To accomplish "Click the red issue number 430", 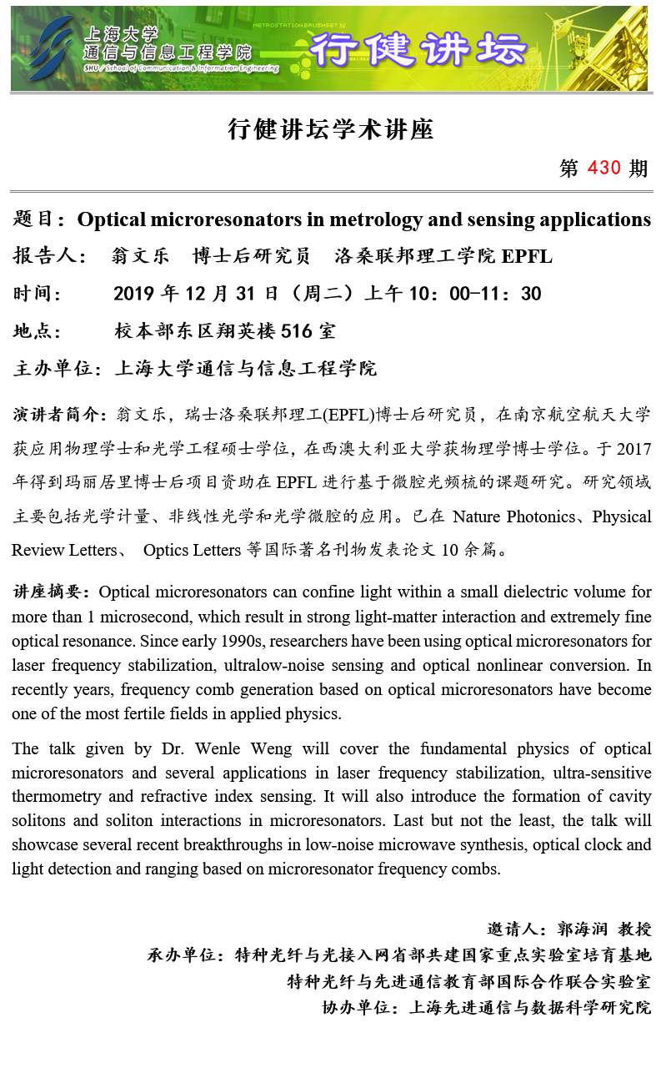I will point(604,168).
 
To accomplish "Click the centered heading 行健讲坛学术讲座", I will point(331,129).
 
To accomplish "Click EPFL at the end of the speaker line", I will point(527,256).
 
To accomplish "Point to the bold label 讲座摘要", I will point(50,592).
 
